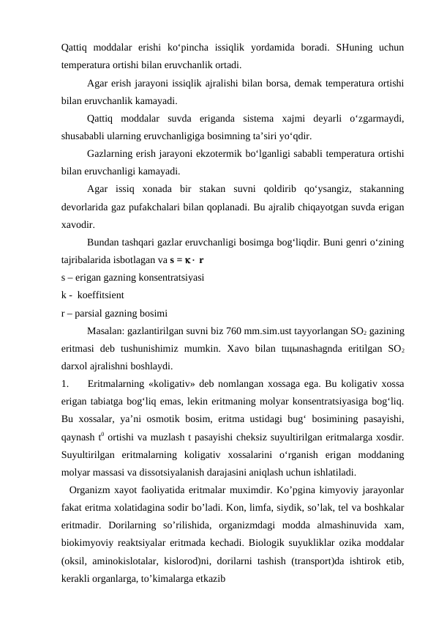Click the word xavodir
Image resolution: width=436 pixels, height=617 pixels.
tap(78, 224)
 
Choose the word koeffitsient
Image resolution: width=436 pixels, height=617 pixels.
tap(101, 295)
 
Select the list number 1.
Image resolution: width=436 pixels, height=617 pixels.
tap(65, 385)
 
